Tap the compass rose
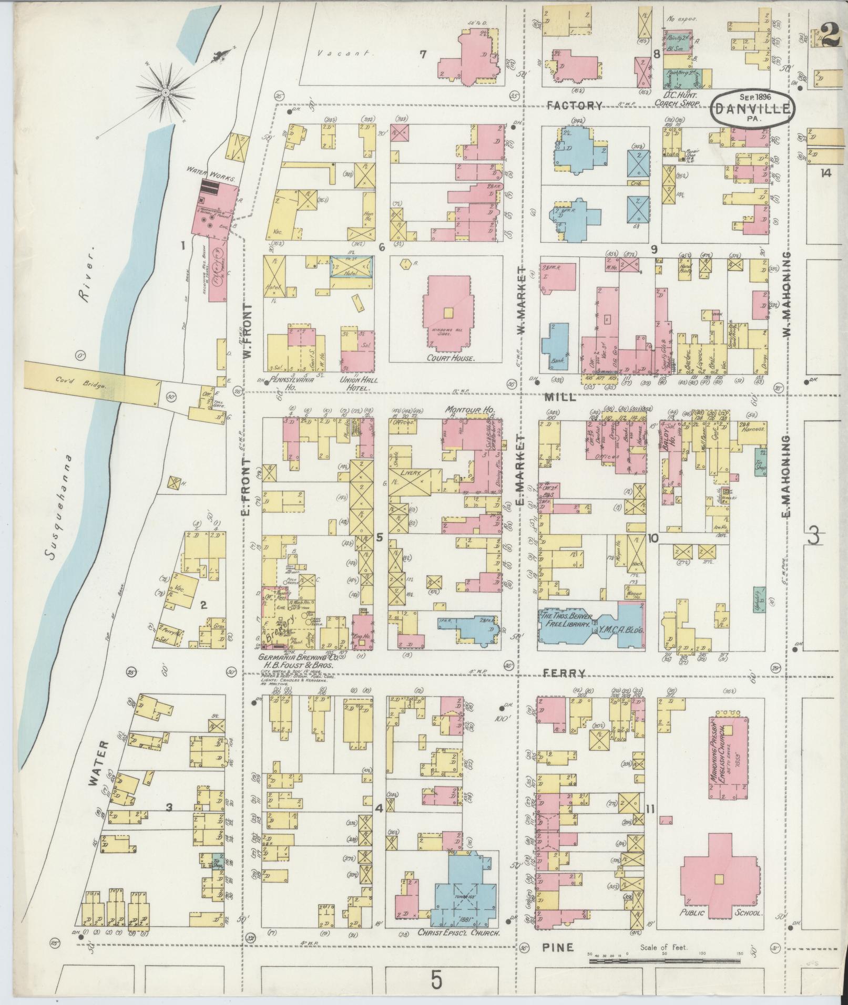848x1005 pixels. point(166,92)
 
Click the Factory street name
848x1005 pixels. point(574,106)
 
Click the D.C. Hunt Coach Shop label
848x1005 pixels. point(681,99)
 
